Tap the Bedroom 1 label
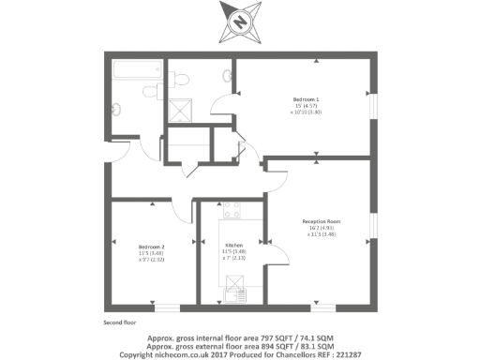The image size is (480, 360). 306,98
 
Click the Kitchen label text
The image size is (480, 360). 234,247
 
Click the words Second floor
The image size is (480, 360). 121,322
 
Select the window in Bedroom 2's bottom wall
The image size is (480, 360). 166,307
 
